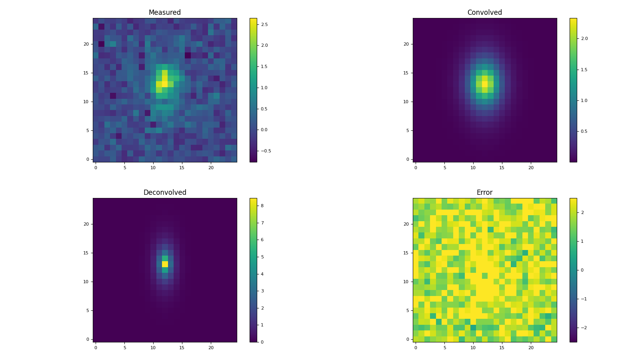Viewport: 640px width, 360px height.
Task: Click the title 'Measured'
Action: [165, 12]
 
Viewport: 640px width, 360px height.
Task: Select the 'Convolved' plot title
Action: [484, 12]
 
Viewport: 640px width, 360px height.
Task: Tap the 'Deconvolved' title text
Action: [165, 192]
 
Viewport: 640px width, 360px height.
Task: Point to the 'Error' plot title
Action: [484, 192]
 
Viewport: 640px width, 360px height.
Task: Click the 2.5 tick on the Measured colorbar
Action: [264, 24]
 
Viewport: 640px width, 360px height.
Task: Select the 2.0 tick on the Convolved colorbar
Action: [584, 38]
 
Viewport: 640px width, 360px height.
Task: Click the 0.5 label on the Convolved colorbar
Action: [584, 131]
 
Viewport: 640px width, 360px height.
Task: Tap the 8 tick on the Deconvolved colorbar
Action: [262, 206]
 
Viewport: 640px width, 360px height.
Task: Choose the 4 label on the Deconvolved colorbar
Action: [262, 274]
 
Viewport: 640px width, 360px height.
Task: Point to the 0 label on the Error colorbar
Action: [582, 270]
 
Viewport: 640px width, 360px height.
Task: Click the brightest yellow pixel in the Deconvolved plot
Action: [165, 264]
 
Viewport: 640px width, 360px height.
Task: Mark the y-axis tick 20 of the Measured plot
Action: [86, 44]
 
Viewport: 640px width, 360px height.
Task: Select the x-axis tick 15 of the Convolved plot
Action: [502, 168]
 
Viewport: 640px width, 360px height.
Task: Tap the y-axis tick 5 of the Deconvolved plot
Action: [87, 310]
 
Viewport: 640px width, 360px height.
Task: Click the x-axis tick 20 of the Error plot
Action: [531, 348]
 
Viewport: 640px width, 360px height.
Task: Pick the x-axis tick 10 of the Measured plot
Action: [153, 168]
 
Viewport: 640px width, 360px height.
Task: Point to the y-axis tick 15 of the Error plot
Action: [406, 253]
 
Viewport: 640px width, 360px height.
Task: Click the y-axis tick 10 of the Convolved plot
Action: [406, 102]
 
